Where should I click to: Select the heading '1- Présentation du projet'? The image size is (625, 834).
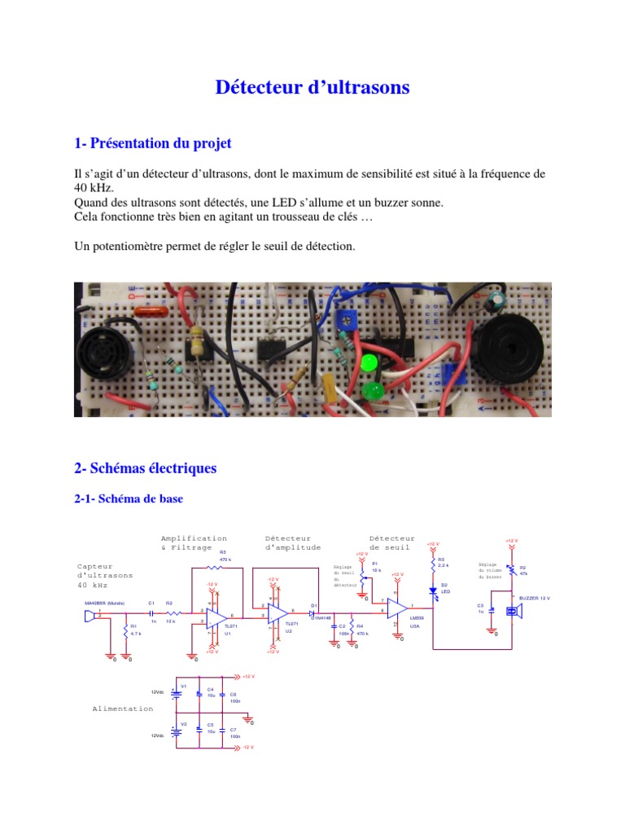pos(153,143)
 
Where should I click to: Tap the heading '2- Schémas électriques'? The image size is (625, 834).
pos(146,468)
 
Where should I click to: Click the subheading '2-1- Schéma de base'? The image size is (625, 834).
pos(129,498)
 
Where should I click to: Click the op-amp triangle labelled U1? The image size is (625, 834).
pos(217,616)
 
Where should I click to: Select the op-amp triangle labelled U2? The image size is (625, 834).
pos(278,616)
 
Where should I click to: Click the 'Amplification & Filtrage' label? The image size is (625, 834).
pos(194,543)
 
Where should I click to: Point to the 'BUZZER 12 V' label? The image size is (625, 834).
pos(535,599)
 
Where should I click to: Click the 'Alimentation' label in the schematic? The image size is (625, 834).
pos(122,709)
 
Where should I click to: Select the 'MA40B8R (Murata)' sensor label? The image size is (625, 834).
pos(104,604)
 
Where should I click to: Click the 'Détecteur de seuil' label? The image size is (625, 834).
pos(391,543)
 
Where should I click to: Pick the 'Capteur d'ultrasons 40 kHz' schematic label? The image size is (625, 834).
pos(105,575)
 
